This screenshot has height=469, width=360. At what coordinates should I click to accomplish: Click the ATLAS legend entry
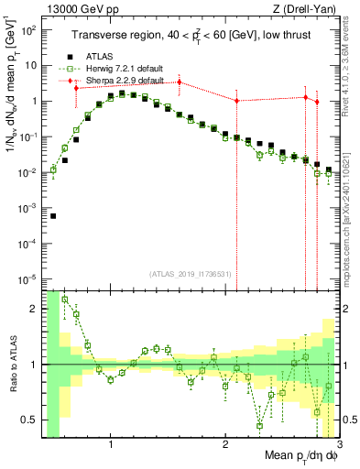pos(99,58)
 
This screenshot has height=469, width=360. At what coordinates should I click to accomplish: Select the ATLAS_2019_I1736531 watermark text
pos(191,274)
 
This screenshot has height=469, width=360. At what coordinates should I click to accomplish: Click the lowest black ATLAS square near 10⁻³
pos(53,216)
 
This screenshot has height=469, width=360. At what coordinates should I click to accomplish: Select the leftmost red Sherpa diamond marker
pos(76,87)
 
